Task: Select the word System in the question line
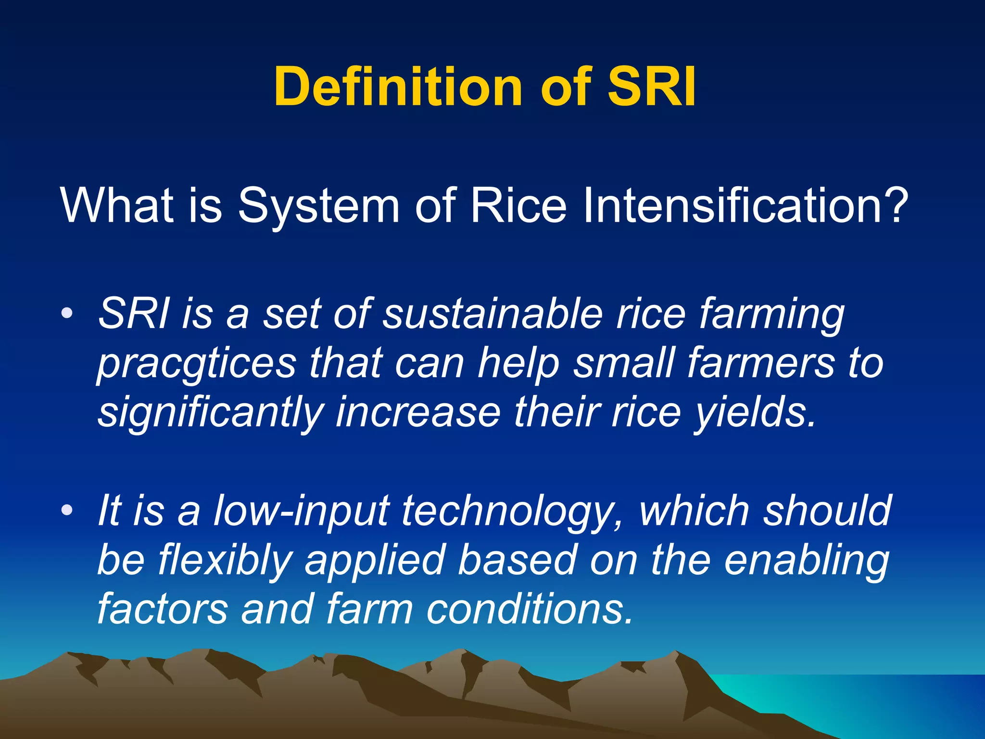[x=318, y=206]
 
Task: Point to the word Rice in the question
[x=518, y=206]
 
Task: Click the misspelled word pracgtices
[x=197, y=364]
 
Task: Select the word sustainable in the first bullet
[x=492, y=315]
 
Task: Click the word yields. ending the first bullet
[x=755, y=413]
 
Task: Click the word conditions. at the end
[x=529, y=609]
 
